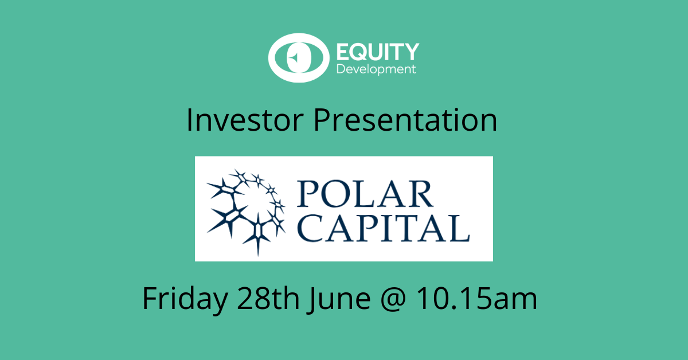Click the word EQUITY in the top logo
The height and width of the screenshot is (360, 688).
[378, 52]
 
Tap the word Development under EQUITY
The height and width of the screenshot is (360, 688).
[376, 69]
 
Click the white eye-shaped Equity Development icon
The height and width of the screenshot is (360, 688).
[299, 58]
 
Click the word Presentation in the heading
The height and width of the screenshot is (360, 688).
[405, 120]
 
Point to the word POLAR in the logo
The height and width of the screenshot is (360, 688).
[365, 194]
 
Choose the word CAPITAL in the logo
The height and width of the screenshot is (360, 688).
[384, 228]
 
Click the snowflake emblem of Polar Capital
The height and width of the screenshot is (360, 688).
[247, 212]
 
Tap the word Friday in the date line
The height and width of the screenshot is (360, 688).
[185, 299]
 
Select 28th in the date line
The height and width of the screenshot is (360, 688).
[268, 298]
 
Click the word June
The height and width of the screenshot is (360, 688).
[340, 299]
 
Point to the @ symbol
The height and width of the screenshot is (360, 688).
[393, 299]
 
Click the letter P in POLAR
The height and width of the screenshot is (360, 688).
[307, 194]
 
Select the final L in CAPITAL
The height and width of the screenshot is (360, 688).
[459, 228]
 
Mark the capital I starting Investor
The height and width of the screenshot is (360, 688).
[189, 120]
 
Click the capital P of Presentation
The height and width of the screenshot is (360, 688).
[322, 120]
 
